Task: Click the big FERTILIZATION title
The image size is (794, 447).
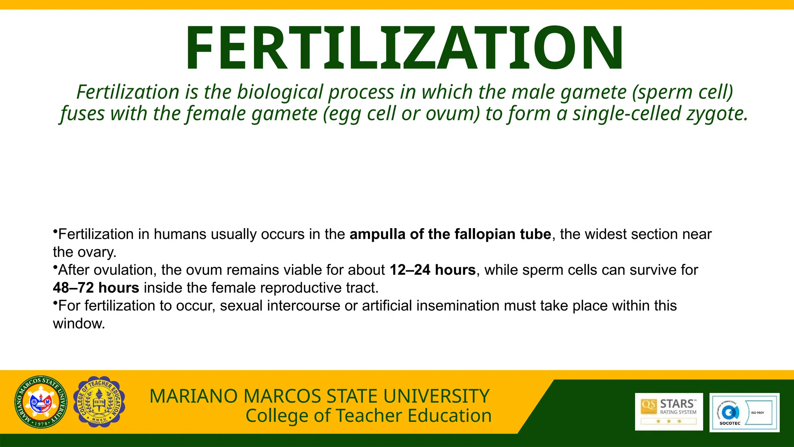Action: [404, 48]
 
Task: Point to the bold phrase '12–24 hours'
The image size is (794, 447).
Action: [433, 270]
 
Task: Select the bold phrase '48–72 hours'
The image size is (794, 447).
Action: [96, 288]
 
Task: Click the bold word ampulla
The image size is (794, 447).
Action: [378, 234]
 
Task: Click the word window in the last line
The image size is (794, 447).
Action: [79, 323]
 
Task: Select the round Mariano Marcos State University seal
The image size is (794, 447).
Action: [41, 402]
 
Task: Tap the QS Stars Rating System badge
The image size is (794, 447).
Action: [669, 411]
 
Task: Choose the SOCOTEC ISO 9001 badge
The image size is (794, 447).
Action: [744, 412]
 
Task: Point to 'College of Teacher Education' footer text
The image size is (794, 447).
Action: [368, 416]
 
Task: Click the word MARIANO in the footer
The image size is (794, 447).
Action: [193, 396]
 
